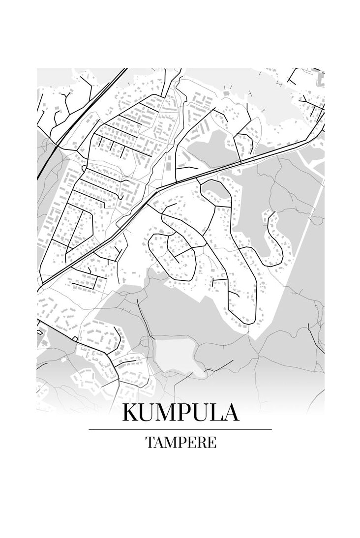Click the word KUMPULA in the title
[180, 412]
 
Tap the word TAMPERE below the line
[180, 442]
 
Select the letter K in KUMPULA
[131, 412]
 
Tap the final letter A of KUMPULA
[231, 412]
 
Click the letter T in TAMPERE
[150, 442]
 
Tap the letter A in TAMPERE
[158, 442]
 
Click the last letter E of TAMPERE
[212, 442]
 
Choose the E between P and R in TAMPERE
[192, 442]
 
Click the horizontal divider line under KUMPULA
[180, 429]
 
